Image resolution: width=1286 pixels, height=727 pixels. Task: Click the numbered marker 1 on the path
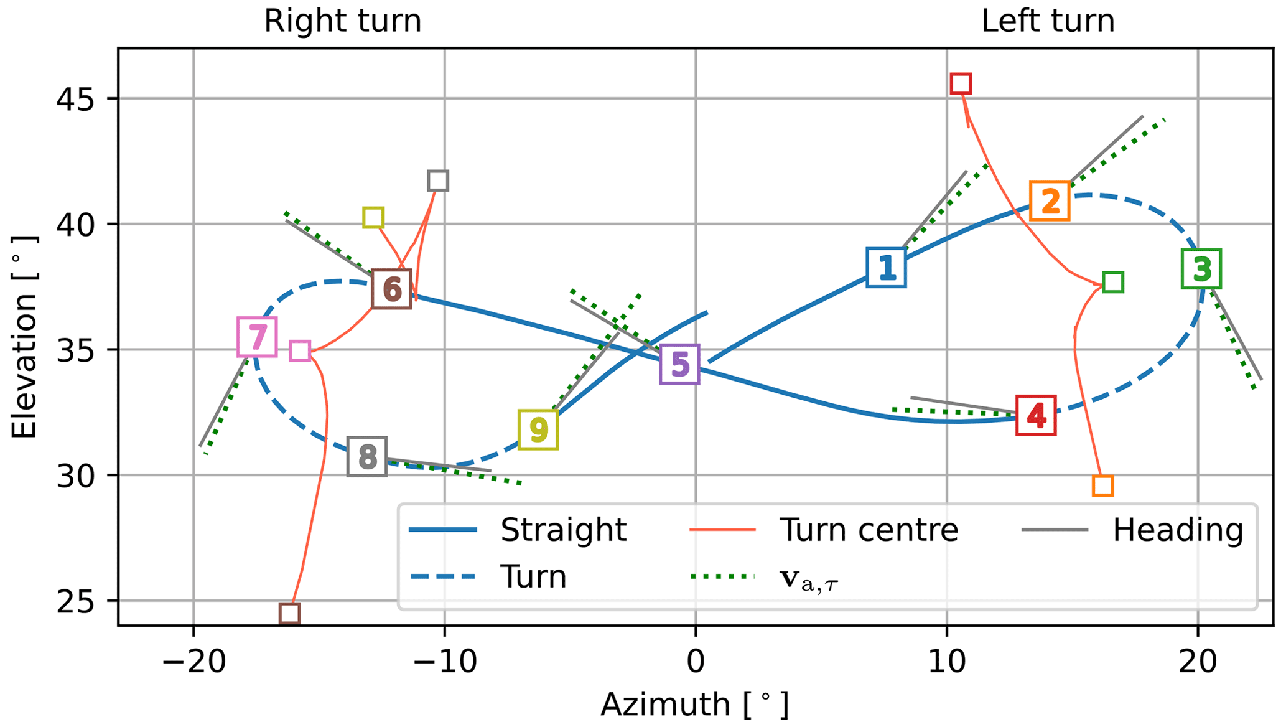(886, 268)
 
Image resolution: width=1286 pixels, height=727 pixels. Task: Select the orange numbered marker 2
(1050, 201)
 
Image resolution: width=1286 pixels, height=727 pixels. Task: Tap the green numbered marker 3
(1201, 269)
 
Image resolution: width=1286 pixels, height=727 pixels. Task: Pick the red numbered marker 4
(1036, 415)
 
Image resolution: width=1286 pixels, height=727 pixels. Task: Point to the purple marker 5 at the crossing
(679, 364)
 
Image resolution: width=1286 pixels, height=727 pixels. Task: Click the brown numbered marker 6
(391, 290)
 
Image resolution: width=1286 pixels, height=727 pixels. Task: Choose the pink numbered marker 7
(257, 337)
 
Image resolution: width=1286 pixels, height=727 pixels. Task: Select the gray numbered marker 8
(367, 456)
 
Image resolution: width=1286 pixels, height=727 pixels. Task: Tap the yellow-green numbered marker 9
(538, 429)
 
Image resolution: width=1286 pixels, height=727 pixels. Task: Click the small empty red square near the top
(961, 83)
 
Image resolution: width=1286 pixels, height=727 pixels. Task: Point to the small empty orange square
(1102, 485)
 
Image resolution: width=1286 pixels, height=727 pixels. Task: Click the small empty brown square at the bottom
(289, 613)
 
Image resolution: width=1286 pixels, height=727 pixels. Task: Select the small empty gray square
(438, 181)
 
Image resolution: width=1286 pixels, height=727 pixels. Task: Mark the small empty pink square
(300, 351)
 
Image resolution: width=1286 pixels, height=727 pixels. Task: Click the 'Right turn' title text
(342, 21)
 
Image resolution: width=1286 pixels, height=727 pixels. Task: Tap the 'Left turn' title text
(1048, 21)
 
